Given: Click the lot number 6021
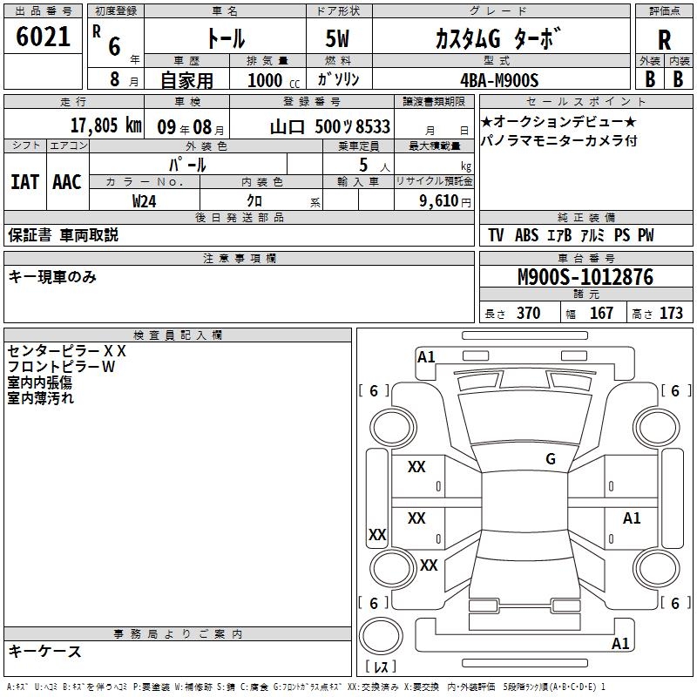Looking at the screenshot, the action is coord(43,37).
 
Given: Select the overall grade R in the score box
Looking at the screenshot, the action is coord(664,40).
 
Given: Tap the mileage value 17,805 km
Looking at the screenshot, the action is coord(106,125).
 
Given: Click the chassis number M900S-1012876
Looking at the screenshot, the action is coord(585,277).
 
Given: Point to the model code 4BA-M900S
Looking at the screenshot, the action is coord(499,80).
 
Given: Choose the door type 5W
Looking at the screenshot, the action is coord(337,38).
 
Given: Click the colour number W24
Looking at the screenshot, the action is coord(144,201).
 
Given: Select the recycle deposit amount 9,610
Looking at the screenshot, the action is coord(439,201).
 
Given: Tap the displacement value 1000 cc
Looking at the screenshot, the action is coord(274,80).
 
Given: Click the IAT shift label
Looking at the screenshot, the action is coord(24,182).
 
